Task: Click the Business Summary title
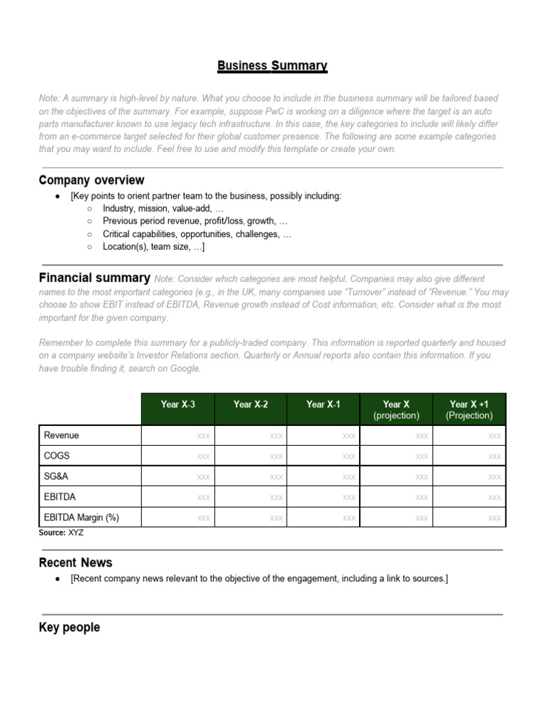click(272, 66)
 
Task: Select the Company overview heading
click(92, 180)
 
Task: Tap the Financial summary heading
click(94, 278)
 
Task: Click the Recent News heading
click(75, 562)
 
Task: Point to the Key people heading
click(69, 628)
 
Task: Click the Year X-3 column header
click(177, 405)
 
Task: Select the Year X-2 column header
click(251, 405)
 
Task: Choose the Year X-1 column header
click(324, 405)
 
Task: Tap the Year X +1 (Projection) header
click(469, 410)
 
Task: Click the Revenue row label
click(62, 435)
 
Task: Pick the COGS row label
click(57, 456)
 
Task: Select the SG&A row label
click(57, 476)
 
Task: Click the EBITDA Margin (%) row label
click(82, 518)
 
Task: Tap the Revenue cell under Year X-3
click(203, 436)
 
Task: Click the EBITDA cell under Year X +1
click(494, 498)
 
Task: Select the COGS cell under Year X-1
click(348, 457)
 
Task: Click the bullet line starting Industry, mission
click(163, 208)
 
